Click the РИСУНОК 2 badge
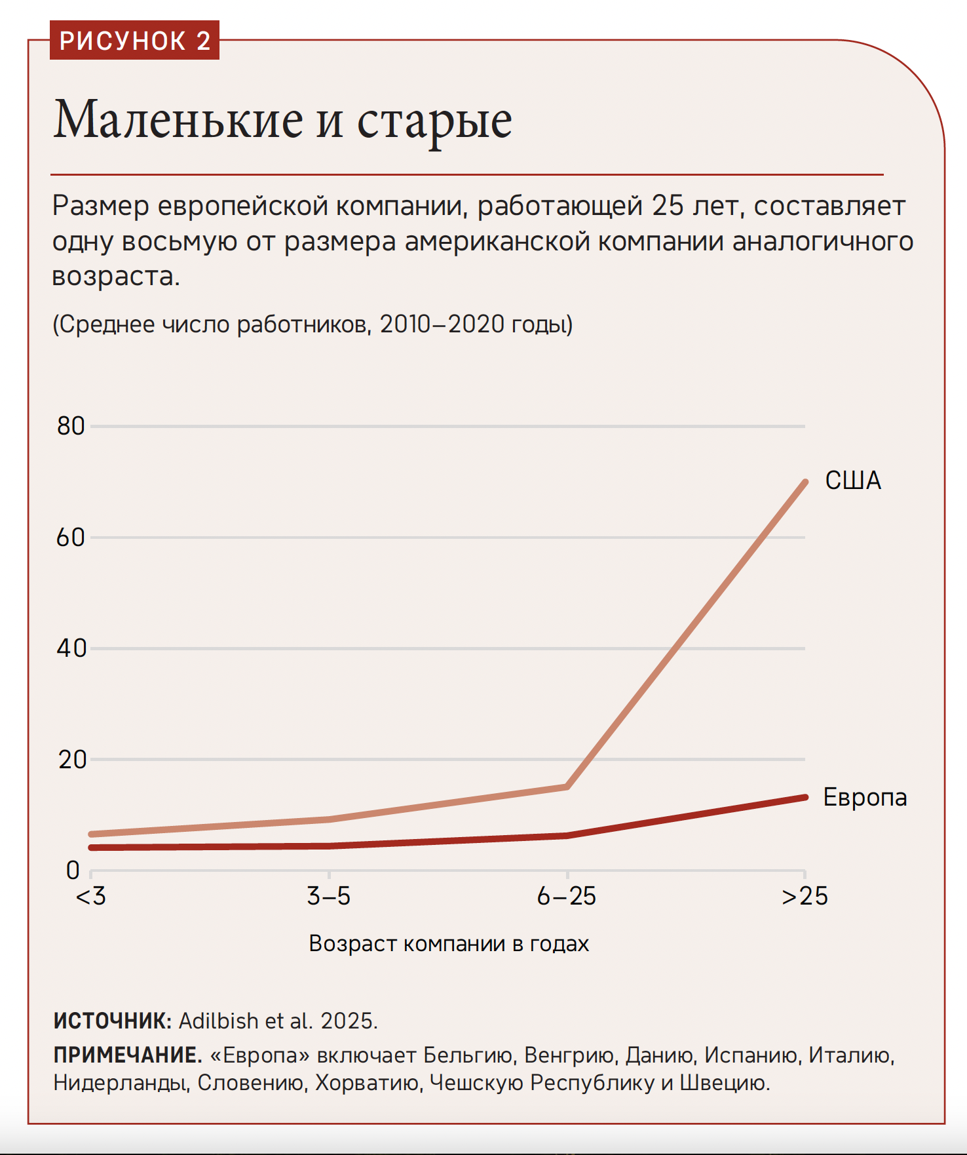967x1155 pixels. coord(134,41)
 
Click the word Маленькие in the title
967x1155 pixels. coord(178,120)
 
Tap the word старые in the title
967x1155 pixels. coord(434,121)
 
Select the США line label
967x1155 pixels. coord(852,480)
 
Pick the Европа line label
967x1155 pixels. coord(865,797)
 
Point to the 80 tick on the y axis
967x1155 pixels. coord(71,426)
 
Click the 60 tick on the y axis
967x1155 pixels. coord(71,538)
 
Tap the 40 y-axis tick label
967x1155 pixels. coord(71,648)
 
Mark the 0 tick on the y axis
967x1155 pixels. coord(73,871)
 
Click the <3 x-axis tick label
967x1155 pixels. coord(90,896)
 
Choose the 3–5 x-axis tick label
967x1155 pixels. coord(329,896)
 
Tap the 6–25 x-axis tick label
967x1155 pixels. coord(567,896)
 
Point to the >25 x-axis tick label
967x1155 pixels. coord(805,896)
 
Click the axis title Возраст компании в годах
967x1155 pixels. coord(449,943)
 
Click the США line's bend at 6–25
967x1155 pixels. coord(567,787)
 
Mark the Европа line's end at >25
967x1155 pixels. coord(805,797)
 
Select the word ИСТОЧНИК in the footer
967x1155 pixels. coord(112,1021)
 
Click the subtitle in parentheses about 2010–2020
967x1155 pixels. coord(313,324)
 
